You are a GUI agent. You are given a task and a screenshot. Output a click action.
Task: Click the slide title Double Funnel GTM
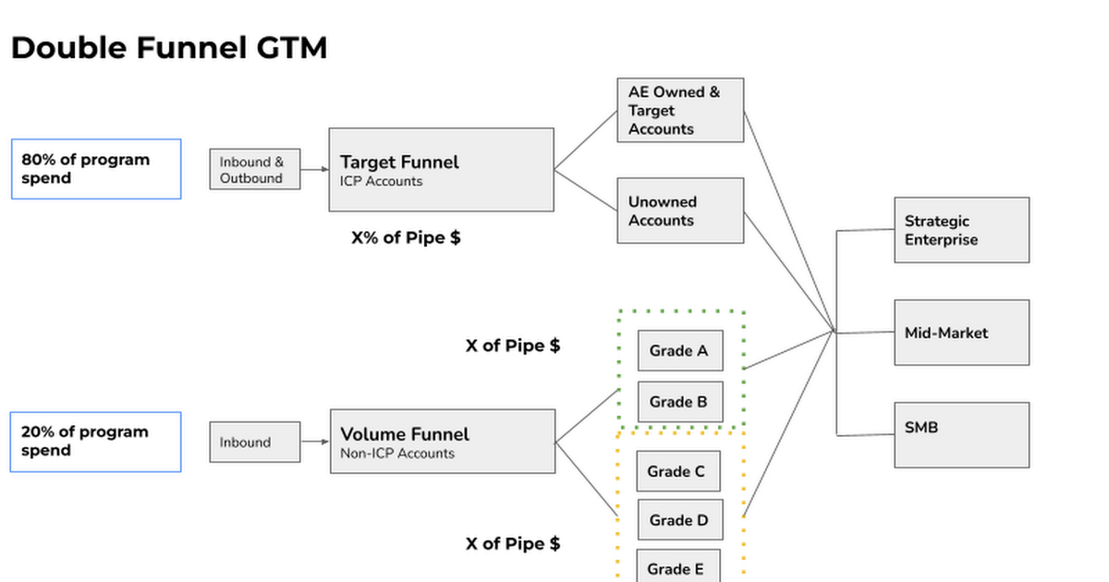point(169,48)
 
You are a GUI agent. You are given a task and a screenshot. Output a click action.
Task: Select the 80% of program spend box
point(95,169)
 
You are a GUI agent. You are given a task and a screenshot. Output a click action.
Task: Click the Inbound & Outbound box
point(254,170)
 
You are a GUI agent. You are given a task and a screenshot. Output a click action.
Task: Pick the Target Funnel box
point(441,170)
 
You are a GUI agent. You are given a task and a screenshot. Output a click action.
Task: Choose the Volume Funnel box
point(442,442)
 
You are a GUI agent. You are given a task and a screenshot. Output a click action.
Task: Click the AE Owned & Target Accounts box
point(680,110)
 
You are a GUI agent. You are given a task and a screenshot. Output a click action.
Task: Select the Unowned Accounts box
point(680,211)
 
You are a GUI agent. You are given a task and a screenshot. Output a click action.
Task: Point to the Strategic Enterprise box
point(961,230)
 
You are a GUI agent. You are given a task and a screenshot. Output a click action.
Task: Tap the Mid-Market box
point(961,333)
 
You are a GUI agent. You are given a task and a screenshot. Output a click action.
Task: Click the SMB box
point(961,434)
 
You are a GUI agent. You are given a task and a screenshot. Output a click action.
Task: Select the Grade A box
point(679,351)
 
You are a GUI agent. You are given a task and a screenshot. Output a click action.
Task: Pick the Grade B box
point(679,402)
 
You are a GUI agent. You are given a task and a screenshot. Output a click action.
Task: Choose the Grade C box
point(678,471)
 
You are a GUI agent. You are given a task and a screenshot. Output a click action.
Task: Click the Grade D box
point(679,520)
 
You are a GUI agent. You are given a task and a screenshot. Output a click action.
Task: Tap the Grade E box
point(678,566)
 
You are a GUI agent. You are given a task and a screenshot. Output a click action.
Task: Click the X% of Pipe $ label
point(406,237)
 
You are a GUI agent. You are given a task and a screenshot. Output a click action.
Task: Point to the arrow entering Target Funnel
point(315,170)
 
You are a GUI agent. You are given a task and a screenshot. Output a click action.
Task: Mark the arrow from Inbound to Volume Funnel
point(315,442)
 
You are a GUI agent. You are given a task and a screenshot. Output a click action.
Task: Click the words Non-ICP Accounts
point(397,454)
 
